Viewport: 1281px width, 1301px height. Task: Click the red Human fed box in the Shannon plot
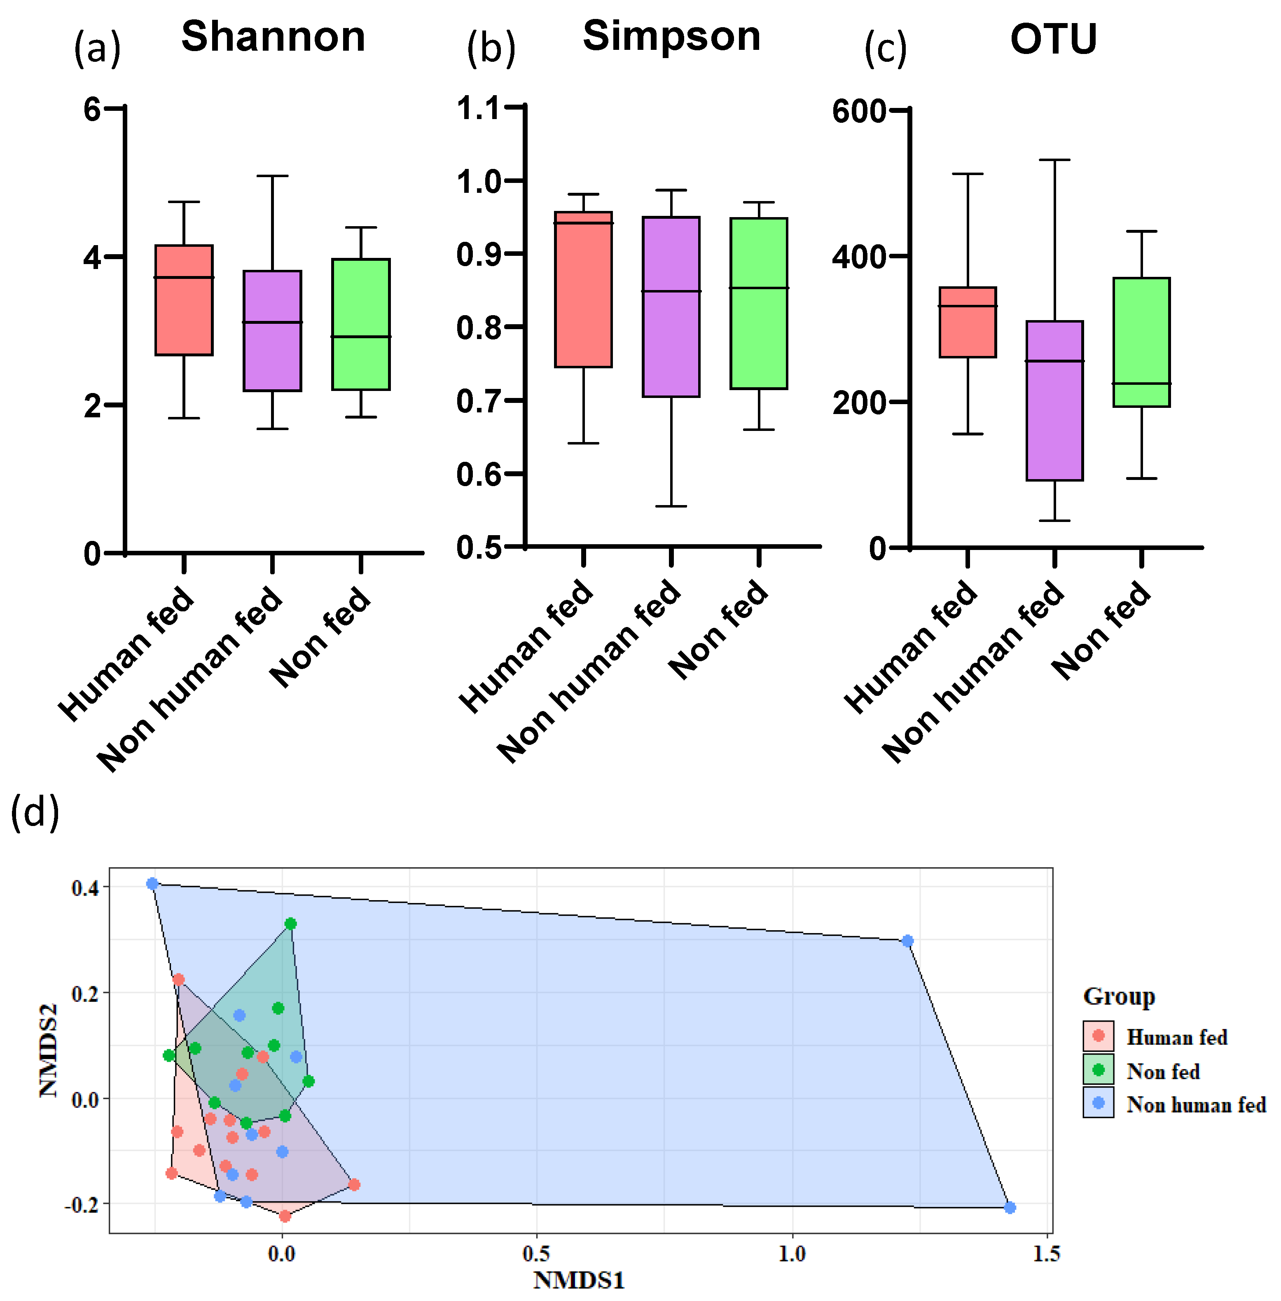click(x=184, y=300)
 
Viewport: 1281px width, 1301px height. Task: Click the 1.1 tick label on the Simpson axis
click(x=478, y=108)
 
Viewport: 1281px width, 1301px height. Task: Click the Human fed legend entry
click(x=1176, y=1037)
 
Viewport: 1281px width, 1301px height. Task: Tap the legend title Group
click(x=1119, y=996)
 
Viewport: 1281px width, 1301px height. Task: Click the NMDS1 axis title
click(x=579, y=1280)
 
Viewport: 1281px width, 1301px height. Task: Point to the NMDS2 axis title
click(x=49, y=1051)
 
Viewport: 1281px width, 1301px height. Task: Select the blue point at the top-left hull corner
click(x=153, y=884)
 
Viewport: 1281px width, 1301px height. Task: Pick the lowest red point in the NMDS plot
click(x=285, y=1216)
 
